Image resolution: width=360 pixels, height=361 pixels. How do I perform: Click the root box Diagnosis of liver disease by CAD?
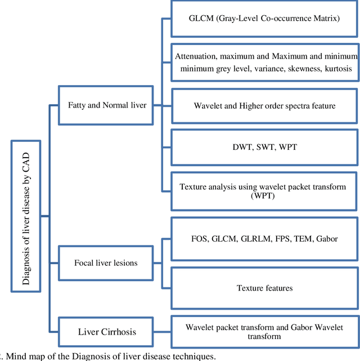[x=25, y=216]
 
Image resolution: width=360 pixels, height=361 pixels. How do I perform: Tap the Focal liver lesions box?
[x=106, y=263]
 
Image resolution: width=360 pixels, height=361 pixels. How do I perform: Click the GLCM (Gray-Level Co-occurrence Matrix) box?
[x=264, y=18]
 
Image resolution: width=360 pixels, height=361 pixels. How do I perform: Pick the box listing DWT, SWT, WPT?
[x=264, y=146]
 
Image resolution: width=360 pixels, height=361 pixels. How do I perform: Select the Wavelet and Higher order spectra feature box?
[x=264, y=106]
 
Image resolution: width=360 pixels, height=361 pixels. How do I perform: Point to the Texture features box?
[x=264, y=288]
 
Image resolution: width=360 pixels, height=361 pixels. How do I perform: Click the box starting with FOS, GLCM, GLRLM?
[x=264, y=239]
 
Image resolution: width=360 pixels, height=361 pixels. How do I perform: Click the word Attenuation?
[x=196, y=56]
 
